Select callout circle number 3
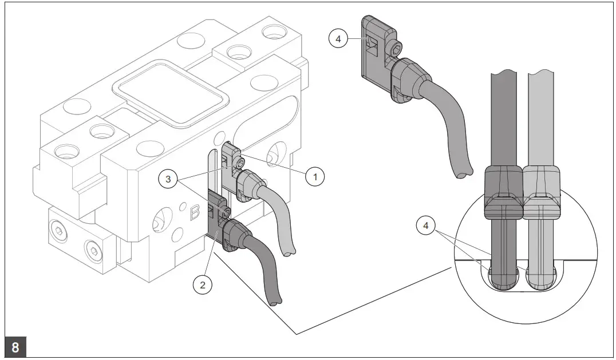(168, 179)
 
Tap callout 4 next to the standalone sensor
(338, 39)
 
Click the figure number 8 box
(14, 347)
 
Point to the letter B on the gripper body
(195, 213)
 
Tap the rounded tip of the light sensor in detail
(540, 280)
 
